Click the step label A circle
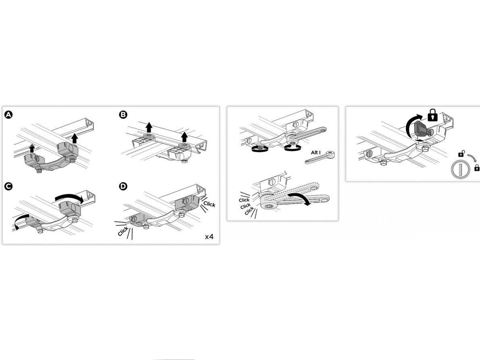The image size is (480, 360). point(8,115)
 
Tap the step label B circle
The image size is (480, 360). point(123,115)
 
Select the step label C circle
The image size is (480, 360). point(8,186)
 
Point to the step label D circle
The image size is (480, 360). point(123,186)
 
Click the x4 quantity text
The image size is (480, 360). point(209,237)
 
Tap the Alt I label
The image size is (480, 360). point(315,153)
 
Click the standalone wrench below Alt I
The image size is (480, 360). point(319,157)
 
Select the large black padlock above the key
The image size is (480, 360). point(432,115)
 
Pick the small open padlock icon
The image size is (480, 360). point(461,153)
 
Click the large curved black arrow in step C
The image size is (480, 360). point(69,197)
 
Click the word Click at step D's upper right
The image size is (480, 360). point(209,204)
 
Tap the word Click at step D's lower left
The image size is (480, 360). point(123,231)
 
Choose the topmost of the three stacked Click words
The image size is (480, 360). point(244,200)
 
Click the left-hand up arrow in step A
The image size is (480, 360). point(32,149)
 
